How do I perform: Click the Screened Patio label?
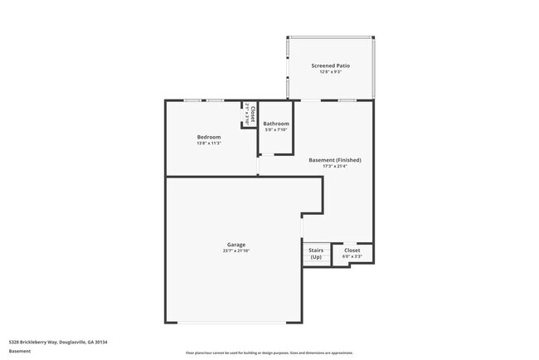(330, 66)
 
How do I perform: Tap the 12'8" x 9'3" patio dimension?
(330, 72)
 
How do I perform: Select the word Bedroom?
(209, 137)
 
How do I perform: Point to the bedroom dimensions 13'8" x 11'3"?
(209, 144)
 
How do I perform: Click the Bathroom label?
(276, 124)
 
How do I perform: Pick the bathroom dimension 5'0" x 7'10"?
(276, 130)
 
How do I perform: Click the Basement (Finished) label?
(334, 159)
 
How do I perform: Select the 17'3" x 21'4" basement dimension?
(334, 166)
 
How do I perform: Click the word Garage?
(236, 245)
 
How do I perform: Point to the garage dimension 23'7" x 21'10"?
(236, 251)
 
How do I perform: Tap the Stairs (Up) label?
(316, 253)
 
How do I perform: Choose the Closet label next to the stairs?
(352, 250)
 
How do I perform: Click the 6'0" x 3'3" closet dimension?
(352, 256)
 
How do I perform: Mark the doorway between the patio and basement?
(312, 100)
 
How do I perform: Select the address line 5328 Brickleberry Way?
(58, 342)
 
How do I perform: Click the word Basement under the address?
(20, 351)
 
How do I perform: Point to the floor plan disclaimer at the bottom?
(269, 353)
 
